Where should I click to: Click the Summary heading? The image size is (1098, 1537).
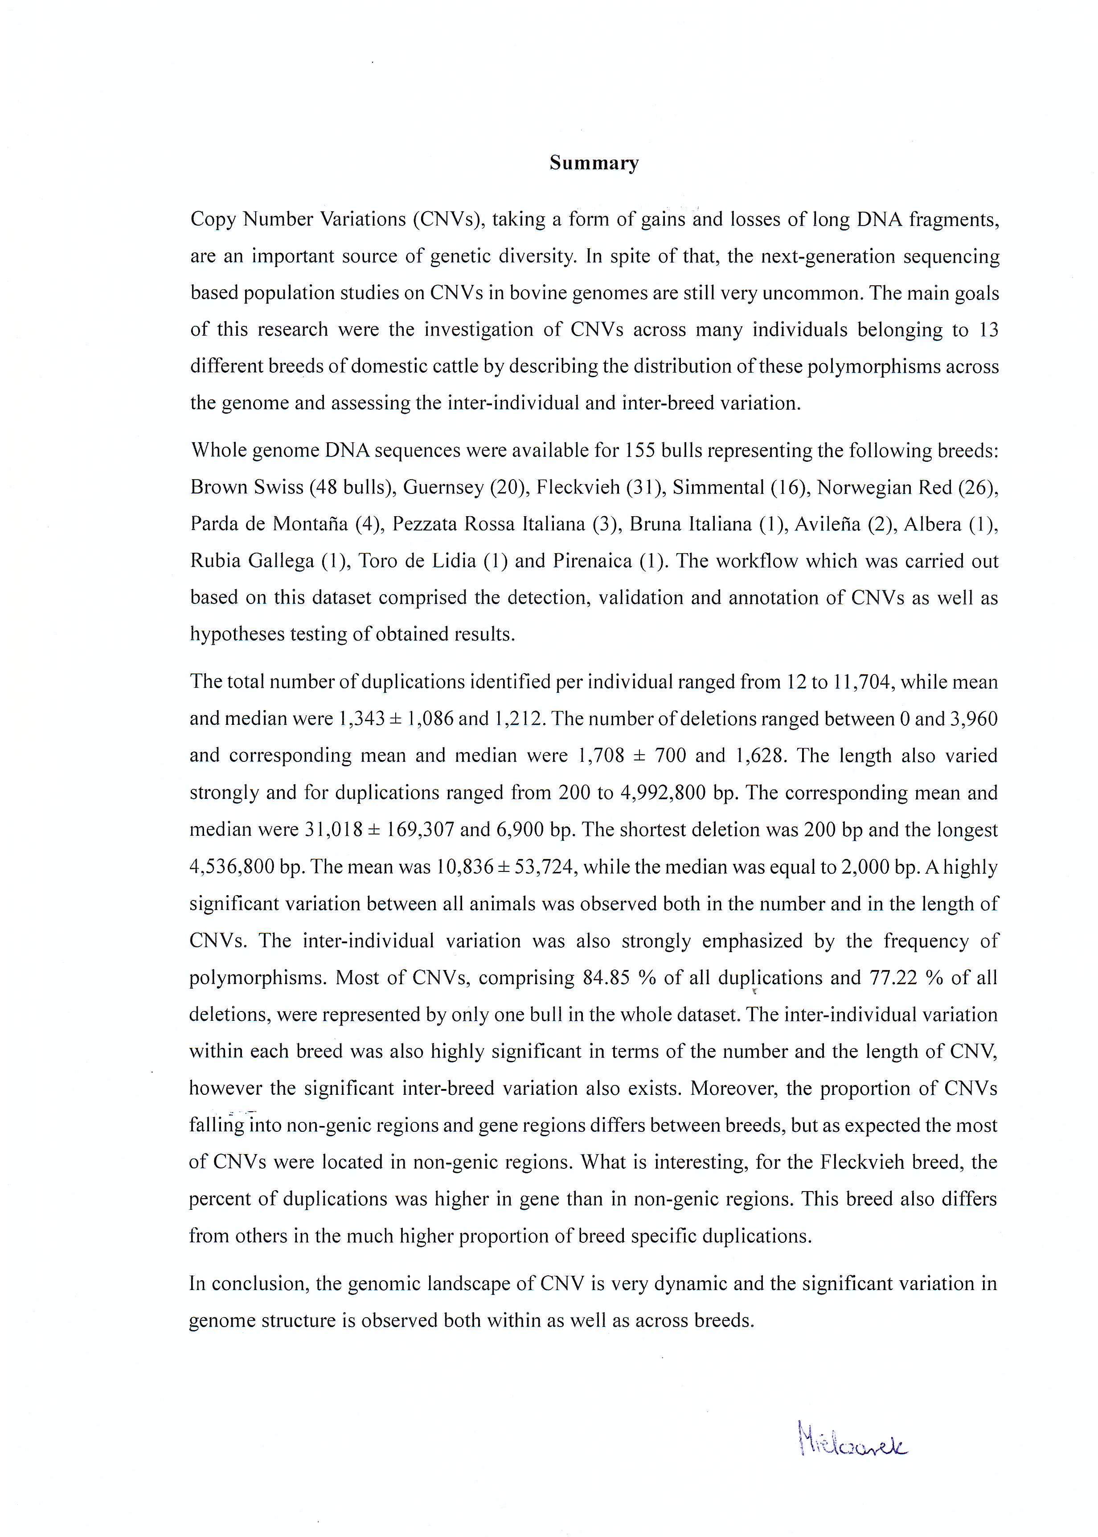click(x=594, y=163)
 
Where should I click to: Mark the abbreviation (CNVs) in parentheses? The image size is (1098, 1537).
click(x=446, y=219)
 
